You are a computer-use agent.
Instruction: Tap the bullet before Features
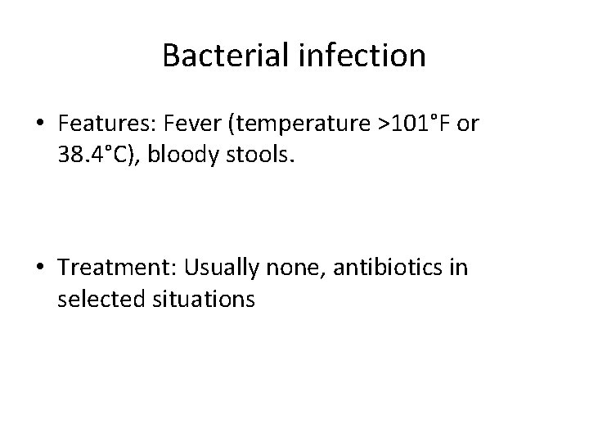(x=41, y=124)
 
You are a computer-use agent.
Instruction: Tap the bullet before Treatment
(x=41, y=269)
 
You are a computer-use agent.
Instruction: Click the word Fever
(x=185, y=124)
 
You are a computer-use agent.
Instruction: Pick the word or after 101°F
(x=469, y=124)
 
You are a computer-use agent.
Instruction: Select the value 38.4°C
(x=92, y=155)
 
